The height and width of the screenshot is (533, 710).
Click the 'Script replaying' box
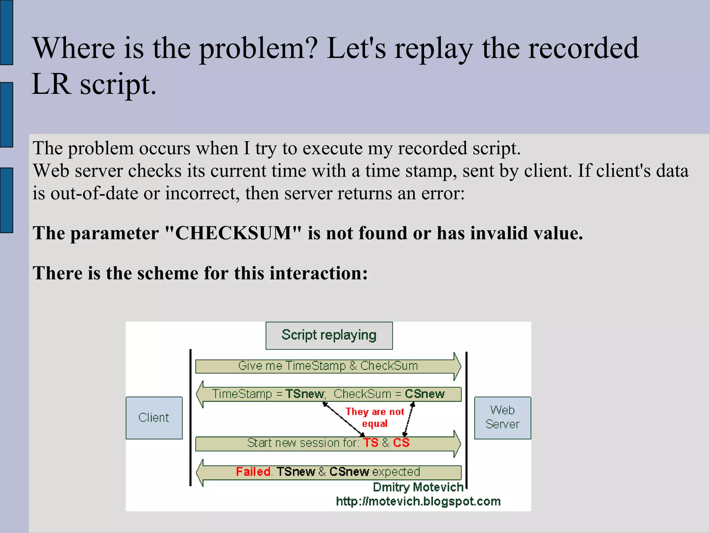coord(329,336)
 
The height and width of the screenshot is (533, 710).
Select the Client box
coord(154,418)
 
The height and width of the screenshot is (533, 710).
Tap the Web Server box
coord(502,418)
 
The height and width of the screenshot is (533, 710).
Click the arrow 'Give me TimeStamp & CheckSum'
coord(328,366)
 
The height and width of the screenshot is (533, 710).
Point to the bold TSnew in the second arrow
coord(304,394)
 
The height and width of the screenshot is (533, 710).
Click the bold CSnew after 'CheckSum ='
coord(425,394)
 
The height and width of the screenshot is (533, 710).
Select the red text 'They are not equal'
coord(375,417)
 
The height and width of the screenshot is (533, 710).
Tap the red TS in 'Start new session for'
coord(371,443)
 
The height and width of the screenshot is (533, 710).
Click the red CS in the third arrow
coord(401,443)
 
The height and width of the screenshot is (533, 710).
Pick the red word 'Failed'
coord(253,472)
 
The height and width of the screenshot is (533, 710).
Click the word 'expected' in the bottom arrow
coord(396,472)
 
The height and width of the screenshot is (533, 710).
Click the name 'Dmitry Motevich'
coord(418,488)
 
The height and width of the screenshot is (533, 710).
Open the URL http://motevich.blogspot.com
coord(418,502)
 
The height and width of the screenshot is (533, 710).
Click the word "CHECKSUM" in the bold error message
coord(233,233)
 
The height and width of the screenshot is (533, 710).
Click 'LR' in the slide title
coord(51,84)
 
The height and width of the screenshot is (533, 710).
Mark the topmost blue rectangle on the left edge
coord(6,32)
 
